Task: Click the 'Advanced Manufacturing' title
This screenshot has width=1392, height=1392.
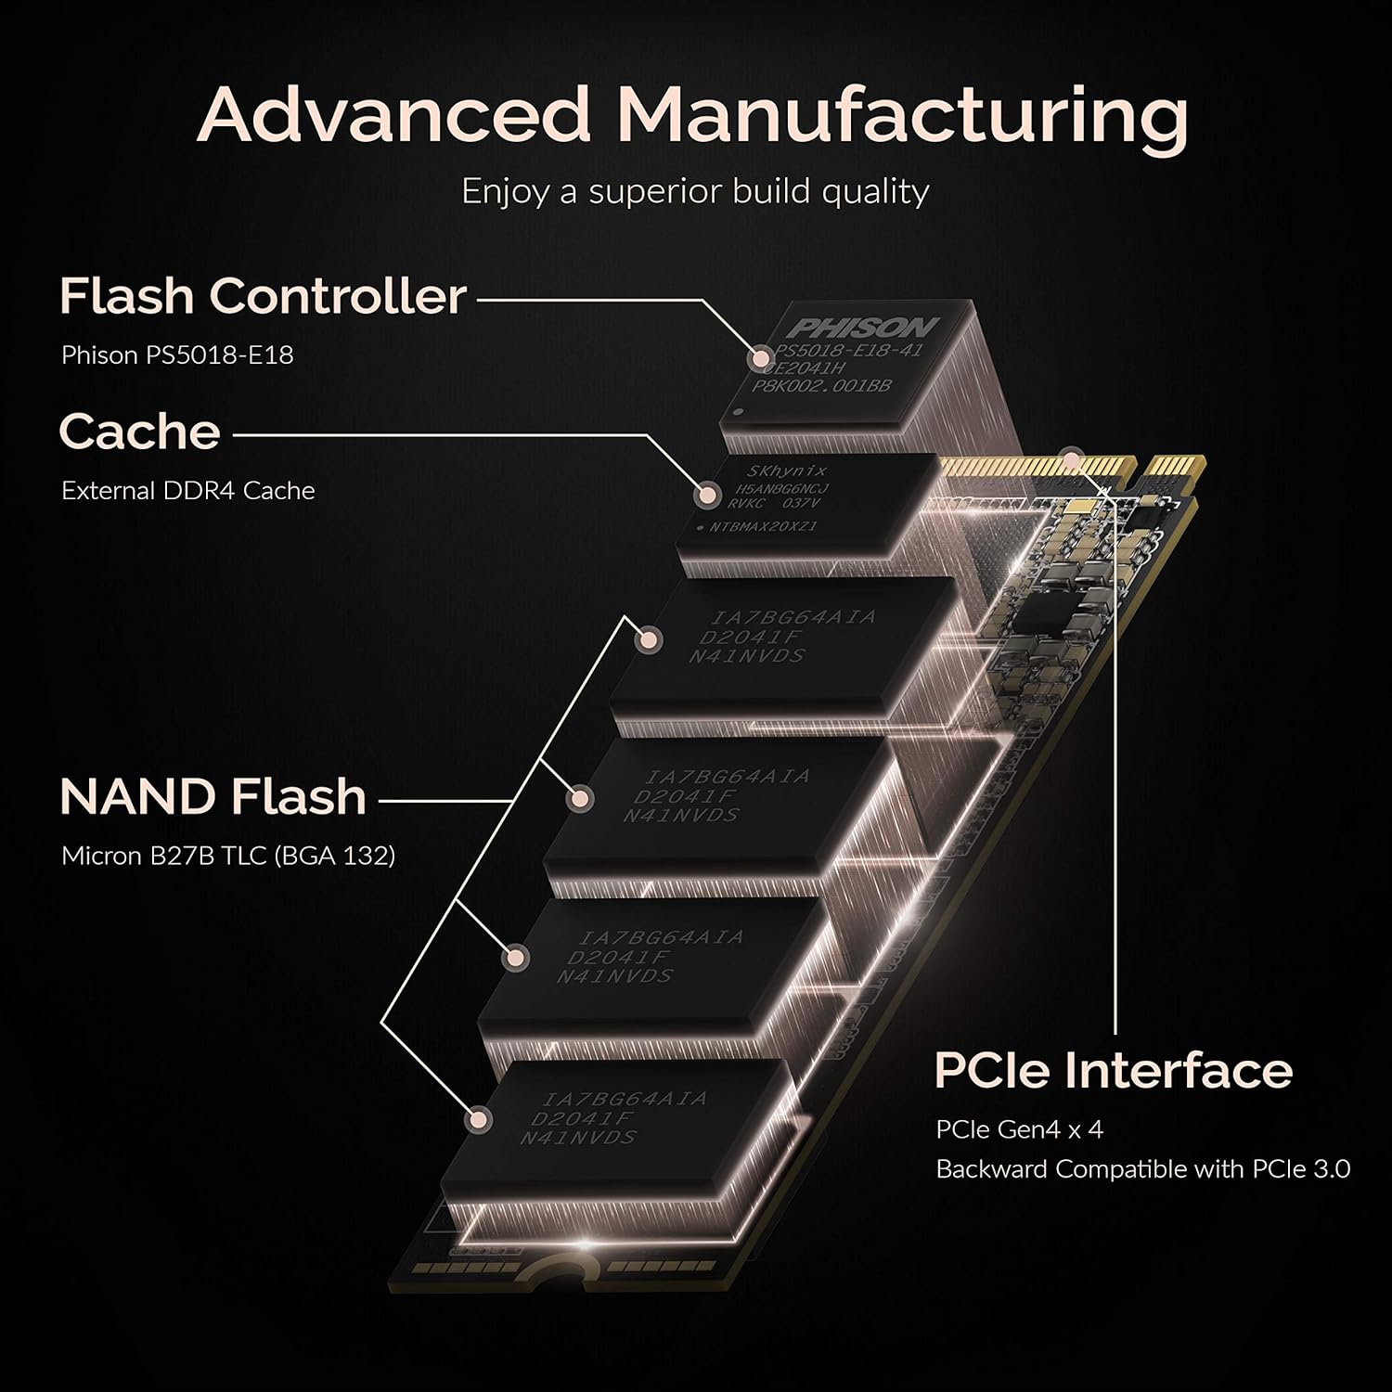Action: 692,114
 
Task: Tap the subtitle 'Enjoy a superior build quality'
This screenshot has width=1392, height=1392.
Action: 695,191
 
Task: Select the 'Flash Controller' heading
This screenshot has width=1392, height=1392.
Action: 263,296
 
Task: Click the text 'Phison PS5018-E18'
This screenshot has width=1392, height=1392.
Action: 177,354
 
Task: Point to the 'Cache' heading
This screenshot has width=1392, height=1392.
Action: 139,432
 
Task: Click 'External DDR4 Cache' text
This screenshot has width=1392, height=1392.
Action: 188,490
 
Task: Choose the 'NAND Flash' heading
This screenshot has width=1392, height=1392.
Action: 213,797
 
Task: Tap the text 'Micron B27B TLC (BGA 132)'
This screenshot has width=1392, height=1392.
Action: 228,855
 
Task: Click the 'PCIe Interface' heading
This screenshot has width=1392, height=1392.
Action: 1113,1070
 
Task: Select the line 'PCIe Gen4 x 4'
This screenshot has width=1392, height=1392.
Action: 1019,1129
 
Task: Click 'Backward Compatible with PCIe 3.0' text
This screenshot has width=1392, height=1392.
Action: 1142,1169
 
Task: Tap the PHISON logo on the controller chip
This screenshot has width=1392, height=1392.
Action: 863,328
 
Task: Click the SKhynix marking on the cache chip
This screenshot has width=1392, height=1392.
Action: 787,471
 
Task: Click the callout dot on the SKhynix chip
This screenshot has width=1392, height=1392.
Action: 708,495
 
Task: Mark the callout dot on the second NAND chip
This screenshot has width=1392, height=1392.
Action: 581,797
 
